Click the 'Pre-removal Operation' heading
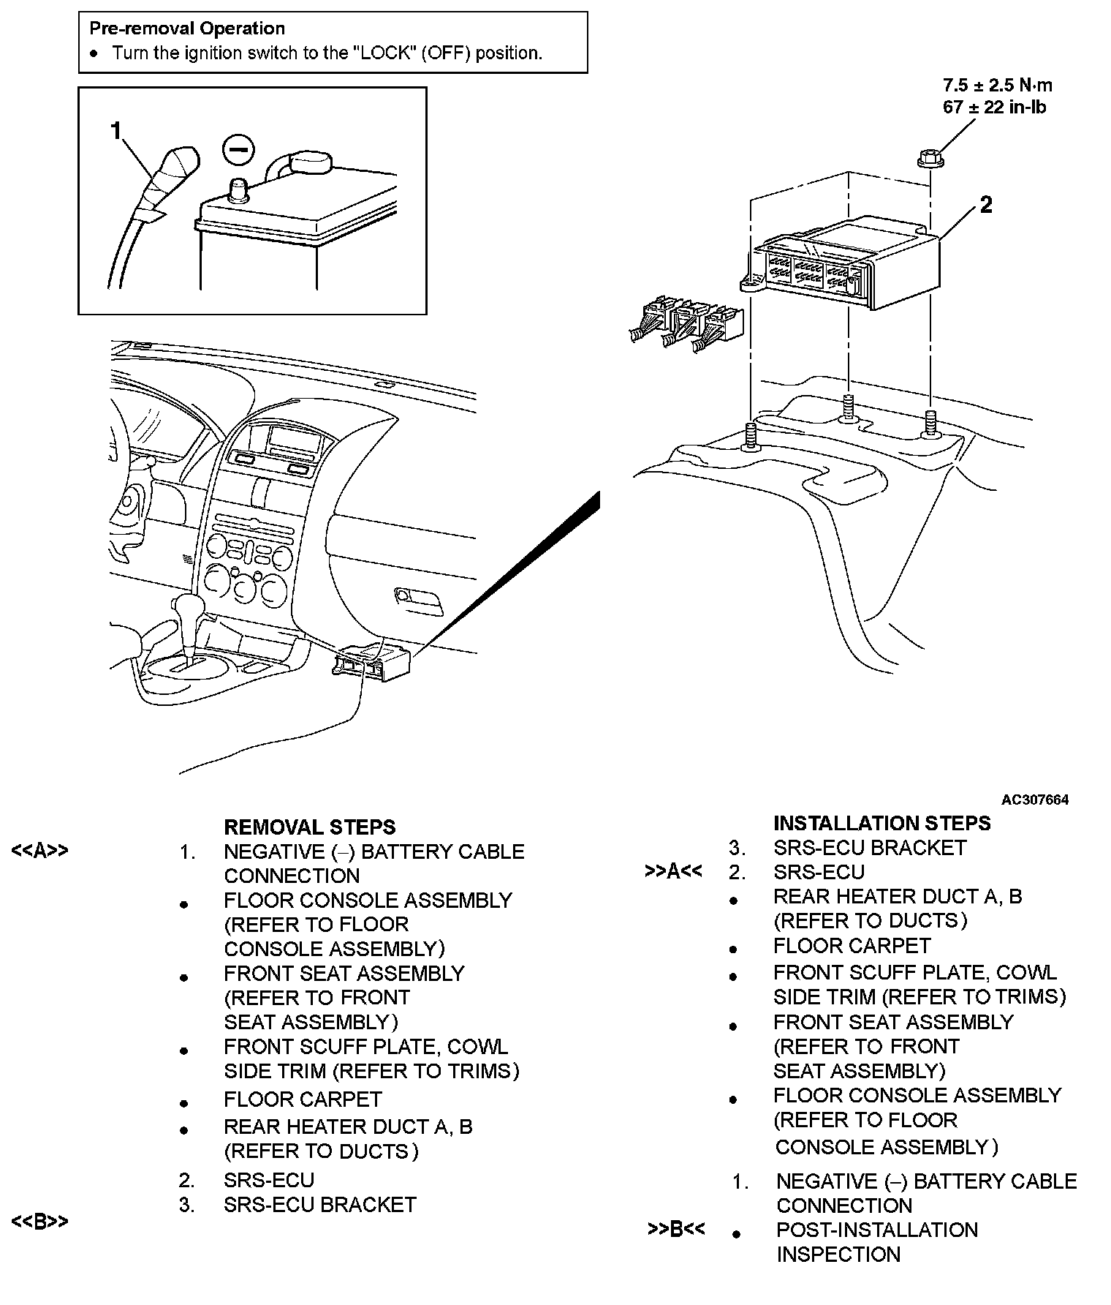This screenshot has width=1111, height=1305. pyautogui.click(x=187, y=29)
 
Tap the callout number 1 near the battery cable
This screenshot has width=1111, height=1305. pyautogui.click(x=115, y=131)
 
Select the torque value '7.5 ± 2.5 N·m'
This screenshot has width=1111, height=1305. pyautogui.click(x=998, y=85)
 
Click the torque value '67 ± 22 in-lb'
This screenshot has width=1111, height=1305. pyautogui.click(x=994, y=108)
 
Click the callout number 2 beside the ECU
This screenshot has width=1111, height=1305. pyautogui.click(x=986, y=206)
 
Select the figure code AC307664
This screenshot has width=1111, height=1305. pyautogui.click(x=1035, y=800)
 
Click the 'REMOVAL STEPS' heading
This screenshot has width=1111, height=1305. pyautogui.click(x=309, y=827)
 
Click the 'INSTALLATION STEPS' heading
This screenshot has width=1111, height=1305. pyautogui.click(x=881, y=823)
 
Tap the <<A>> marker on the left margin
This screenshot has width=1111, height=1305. pyautogui.click(x=39, y=850)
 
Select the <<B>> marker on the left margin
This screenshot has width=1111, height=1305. pyautogui.click(x=39, y=1221)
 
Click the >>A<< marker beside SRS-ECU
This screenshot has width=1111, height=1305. pyautogui.click(x=673, y=871)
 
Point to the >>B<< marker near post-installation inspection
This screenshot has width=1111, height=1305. pyautogui.click(x=676, y=1230)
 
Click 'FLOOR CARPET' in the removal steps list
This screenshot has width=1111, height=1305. pyautogui.click(x=303, y=1099)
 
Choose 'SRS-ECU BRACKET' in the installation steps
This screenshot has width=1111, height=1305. pyautogui.click(x=870, y=848)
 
